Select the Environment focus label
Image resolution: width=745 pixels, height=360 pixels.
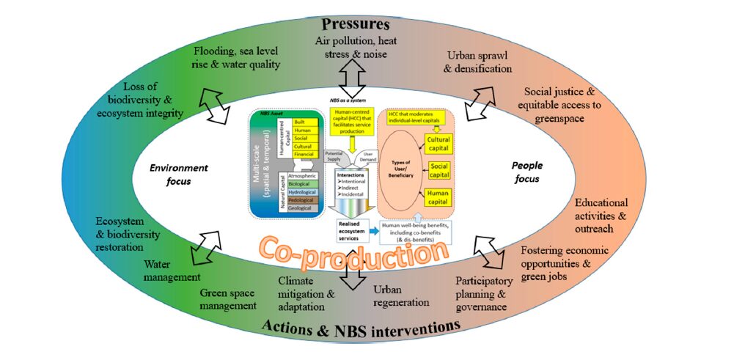coord(178,173)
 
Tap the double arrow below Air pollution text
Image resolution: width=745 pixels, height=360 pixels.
coord(351,76)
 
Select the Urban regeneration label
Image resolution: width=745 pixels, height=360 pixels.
coord(400,295)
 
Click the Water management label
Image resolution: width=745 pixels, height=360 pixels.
coord(172,270)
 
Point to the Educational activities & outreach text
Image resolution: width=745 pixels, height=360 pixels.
coord(601,216)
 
